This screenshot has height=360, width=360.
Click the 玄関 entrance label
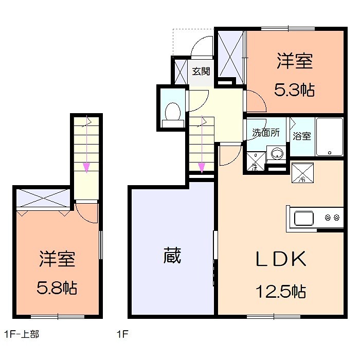(201, 71)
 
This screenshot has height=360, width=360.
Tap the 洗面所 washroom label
(265, 132)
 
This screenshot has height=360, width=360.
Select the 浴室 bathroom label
(302, 136)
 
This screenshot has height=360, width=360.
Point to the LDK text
(281, 259)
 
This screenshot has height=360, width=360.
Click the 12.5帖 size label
(281, 292)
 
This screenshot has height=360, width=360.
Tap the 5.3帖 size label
(294, 91)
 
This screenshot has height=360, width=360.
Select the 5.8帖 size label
(58, 287)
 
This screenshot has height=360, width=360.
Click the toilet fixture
(173, 112)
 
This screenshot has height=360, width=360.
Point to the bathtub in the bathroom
(329, 137)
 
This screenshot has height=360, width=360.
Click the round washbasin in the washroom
(278, 153)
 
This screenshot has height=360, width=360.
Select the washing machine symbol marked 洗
(256, 161)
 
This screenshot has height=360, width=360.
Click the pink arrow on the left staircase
(87, 166)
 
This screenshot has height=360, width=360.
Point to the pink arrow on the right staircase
(202, 166)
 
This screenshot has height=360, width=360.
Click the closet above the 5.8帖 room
(43, 197)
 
